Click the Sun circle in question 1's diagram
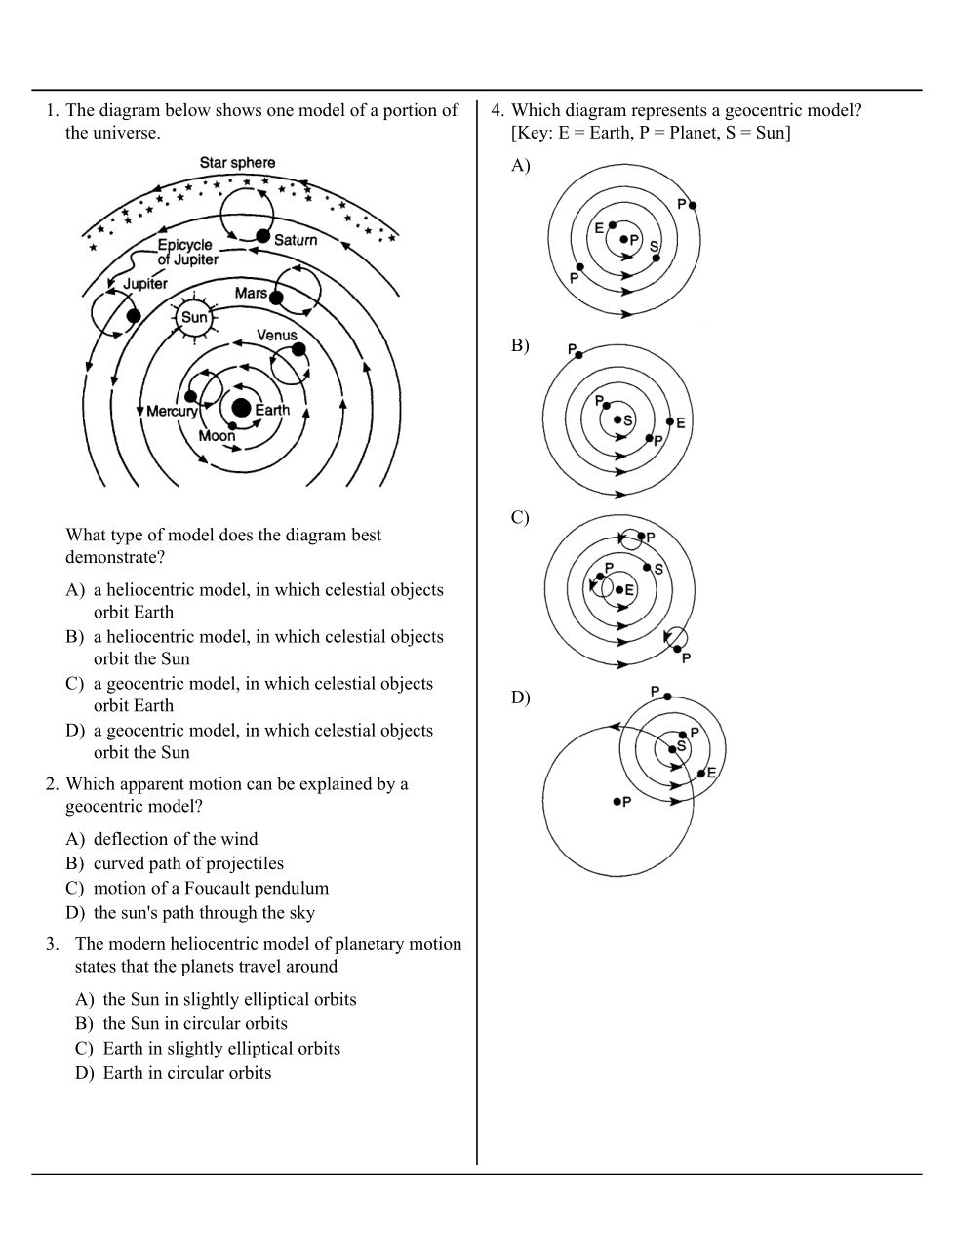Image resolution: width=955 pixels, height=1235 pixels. [194, 317]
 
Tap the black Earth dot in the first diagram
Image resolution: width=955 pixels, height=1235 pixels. [241, 408]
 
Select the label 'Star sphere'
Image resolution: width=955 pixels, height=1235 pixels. [237, 163]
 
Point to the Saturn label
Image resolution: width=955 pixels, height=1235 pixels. [296, 240]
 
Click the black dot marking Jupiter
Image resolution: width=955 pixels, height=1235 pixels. [133, 315]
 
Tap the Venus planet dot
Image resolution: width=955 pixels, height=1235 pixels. [298, 349]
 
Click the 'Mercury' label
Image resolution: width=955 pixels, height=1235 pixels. [173, 412]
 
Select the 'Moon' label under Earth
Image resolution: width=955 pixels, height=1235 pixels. [217, 436]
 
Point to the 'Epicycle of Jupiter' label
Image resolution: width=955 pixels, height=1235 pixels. [186, 253]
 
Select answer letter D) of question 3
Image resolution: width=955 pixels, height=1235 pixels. [85, 1073]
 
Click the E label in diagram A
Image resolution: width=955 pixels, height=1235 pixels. [599, 228]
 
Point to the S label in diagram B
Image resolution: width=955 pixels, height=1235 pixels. [628, 421]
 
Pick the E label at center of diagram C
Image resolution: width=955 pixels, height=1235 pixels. [629, 590]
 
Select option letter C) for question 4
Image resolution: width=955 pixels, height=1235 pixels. [520, 518]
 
